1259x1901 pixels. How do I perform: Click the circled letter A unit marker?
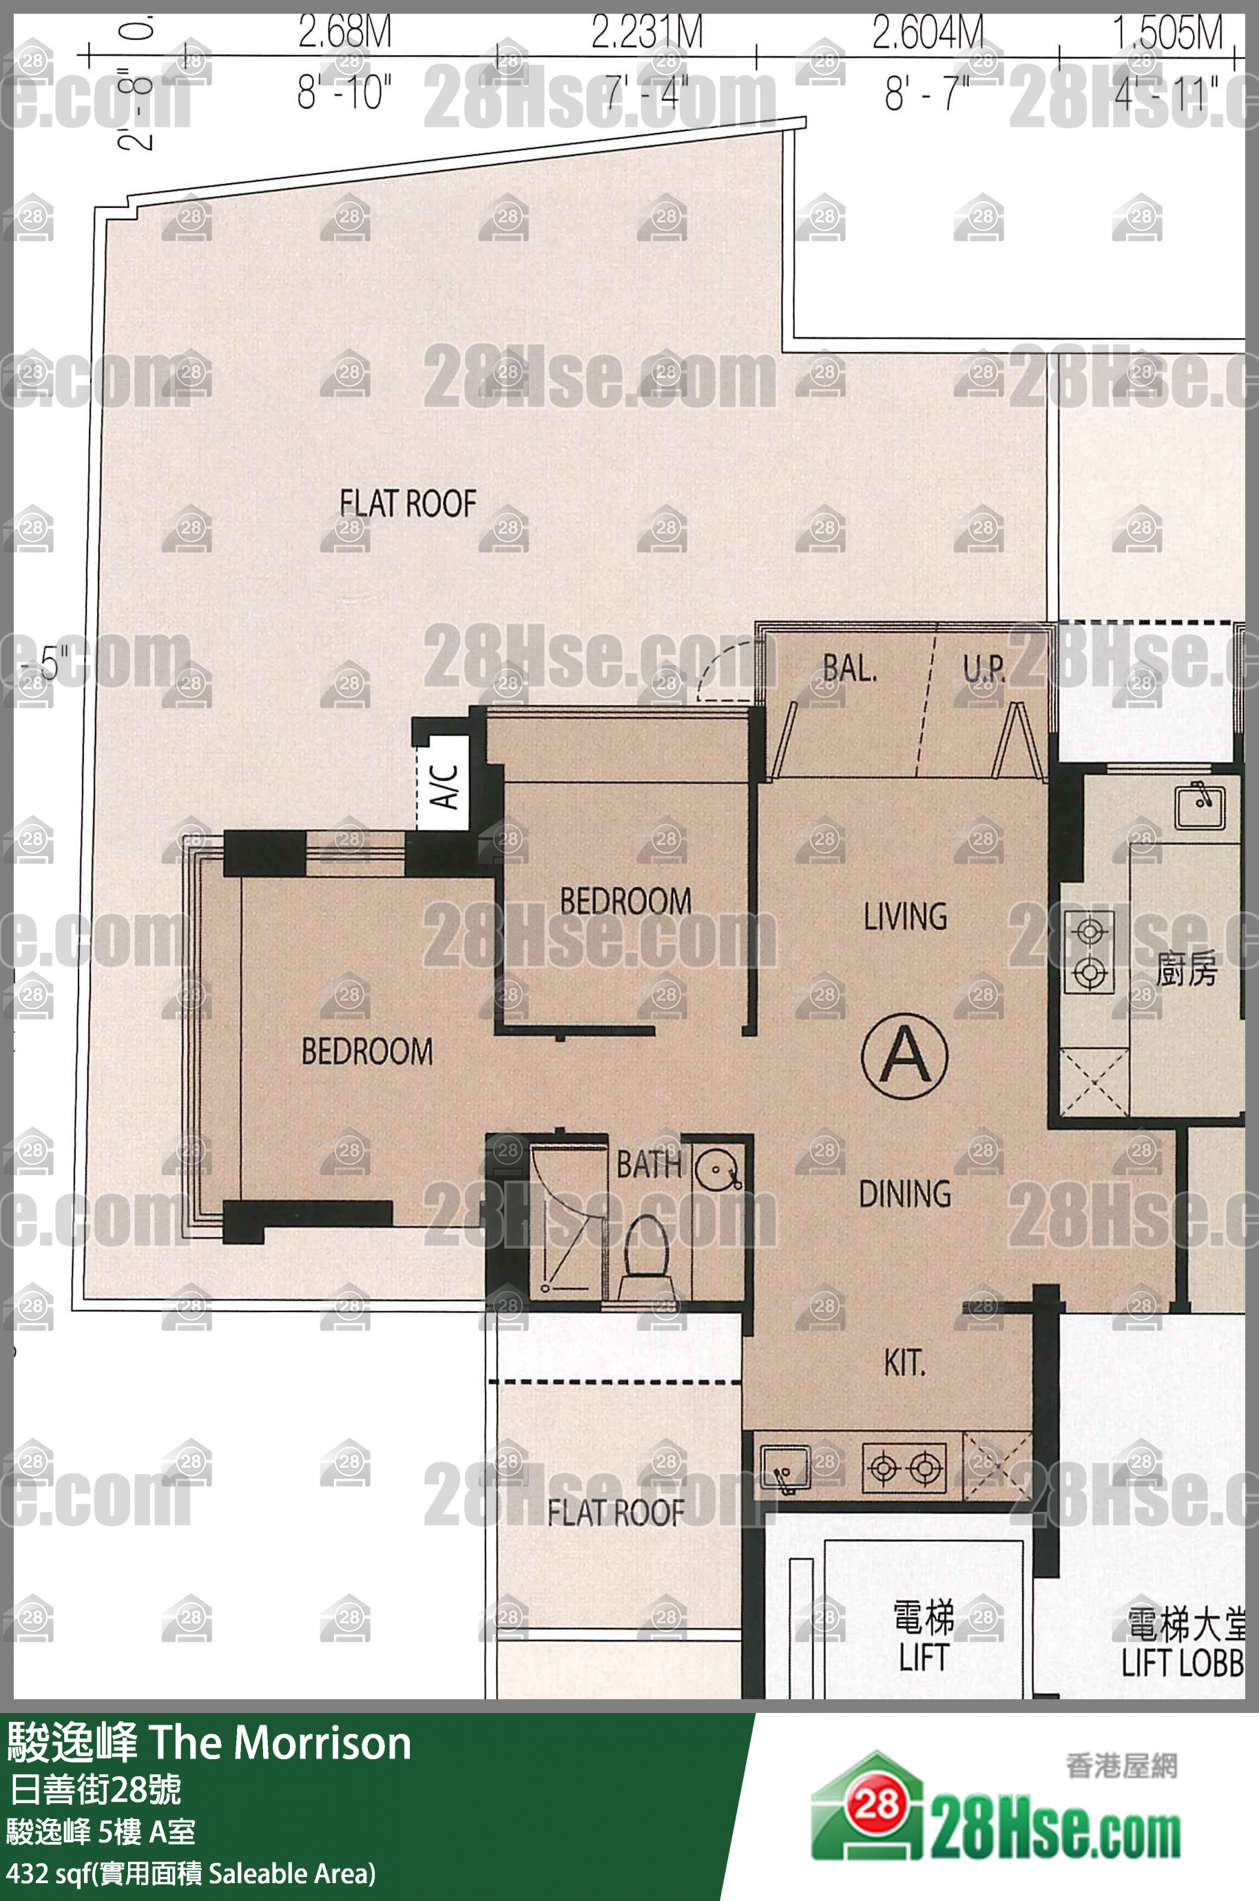click(904, 1055)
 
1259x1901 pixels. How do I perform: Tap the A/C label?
click(444, 785)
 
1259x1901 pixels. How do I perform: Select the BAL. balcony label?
click(849, 668)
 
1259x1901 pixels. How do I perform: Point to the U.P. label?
click(984, 668)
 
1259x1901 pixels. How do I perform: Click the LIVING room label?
click(905, 916)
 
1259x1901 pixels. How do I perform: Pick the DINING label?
click(905, 1194)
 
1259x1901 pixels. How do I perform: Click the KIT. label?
click(904, 1362)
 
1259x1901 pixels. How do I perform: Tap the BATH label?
click(648, 1164)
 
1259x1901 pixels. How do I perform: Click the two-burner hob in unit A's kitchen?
click(904, 1468)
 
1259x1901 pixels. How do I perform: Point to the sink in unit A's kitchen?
click(784, 1468)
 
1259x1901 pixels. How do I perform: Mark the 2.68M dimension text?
click(344, 32)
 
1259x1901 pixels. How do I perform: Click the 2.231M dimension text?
click(646, 32)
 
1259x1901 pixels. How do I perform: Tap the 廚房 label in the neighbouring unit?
click(1186, 969)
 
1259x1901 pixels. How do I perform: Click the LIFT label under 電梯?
click(924, 1657)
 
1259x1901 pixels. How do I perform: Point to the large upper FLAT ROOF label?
click(408, 504)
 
